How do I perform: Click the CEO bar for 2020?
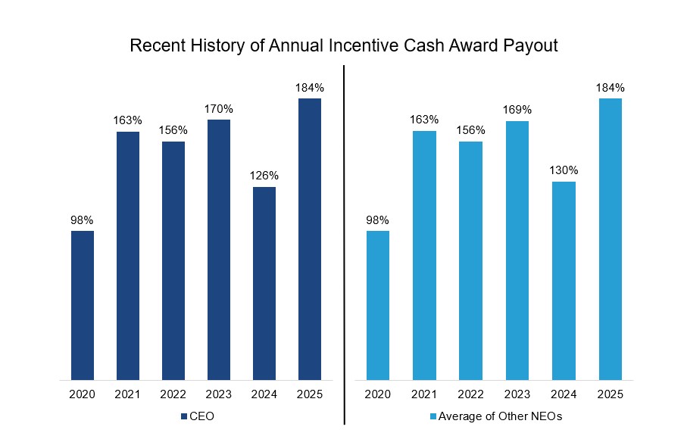tap(83, 305)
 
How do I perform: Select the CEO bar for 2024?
tap(264, 283)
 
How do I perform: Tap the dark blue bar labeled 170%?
tap(219, 249)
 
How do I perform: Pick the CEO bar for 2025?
tap(310, 238)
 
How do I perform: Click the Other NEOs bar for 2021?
tap(424, 255)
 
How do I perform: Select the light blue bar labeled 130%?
tap(564, 280)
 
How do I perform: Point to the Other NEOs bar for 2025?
tap(610, 238)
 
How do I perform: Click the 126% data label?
tap(264, 176)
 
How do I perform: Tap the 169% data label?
tap(518, 110)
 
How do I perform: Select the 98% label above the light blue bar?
tap(377, 220)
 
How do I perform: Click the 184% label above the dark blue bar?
tap(310, 88)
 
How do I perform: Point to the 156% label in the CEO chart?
tap(173, 130)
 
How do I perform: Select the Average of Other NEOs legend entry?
tap(496, 416)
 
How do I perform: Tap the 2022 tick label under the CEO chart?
tap(173, 394)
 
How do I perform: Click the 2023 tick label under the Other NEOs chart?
tap(518, 394)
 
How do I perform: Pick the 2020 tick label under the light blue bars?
tap(377, 394)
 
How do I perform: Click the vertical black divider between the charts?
tap(345, 242)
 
